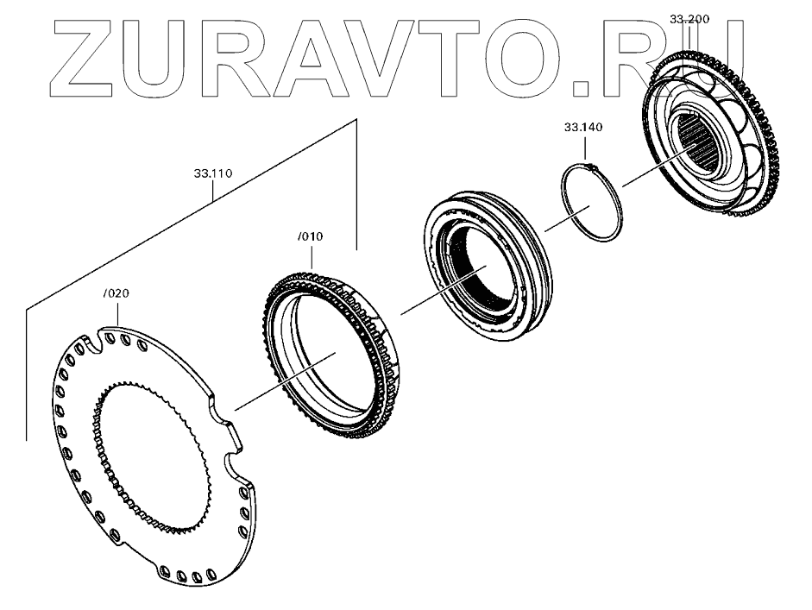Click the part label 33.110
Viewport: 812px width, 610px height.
pos(212,173)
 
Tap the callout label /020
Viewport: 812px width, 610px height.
pos(116,293)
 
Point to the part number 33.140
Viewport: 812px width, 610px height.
pos(583,127)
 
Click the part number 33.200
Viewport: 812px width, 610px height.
pos(689,18)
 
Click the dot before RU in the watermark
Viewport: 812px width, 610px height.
pos(576,85)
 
